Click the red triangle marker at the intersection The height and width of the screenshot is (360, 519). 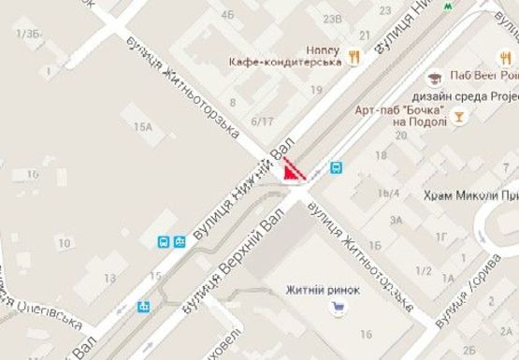pyautogui.click(x=295, y=170)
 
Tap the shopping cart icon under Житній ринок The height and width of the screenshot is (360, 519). pyautogui.click(x=333, y=304)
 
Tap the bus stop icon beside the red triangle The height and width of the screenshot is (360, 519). pyautogui.click(x=336, y=169)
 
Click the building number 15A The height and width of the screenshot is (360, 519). pyautogui.click(x=143, y=126)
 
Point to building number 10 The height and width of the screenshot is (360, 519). pyautogui.click(x=64, y=244)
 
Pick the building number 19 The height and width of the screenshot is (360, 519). pyautogui.click(x=315, y=90)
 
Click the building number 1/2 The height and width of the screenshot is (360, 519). pyautogui.click(x=423, y=271)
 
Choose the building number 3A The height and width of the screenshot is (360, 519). pyautogui.click(x=396, y=221)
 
